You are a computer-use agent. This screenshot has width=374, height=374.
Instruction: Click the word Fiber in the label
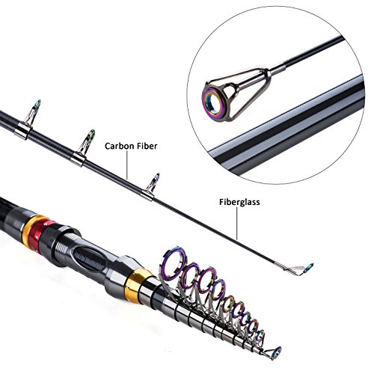(x=147, y=146)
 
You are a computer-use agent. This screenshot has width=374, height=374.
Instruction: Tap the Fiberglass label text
(x=239, y=202)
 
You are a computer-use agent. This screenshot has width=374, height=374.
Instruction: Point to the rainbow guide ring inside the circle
(x=212, y=102)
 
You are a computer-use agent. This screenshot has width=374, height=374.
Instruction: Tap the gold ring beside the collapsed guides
(x=137, y=285)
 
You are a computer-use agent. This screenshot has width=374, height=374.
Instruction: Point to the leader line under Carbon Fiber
(x=127, y=165)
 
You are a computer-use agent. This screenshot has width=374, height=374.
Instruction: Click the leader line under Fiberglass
(x=237, y=224)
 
